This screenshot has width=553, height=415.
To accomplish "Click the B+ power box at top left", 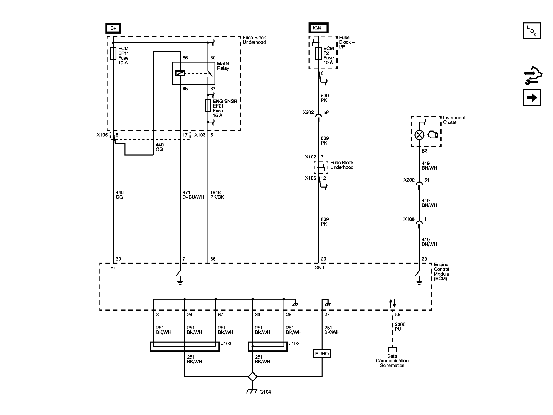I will [113, 28].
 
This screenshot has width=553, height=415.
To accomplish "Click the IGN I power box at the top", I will [318, 28].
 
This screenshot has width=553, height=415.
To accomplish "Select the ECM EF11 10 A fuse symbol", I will [113, 53].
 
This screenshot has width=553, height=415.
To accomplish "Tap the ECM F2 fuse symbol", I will [318, 53].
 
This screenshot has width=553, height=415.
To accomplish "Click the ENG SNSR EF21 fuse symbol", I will [208, 106].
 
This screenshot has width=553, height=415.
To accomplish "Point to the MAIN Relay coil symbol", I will [180, 73].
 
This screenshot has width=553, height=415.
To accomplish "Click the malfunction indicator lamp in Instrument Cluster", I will [419, 135].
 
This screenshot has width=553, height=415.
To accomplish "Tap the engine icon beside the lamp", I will [432, 135].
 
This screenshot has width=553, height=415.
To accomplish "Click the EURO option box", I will [322, 354].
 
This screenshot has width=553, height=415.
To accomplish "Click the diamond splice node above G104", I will [252, 376].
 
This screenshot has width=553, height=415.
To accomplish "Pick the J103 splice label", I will [226, 343].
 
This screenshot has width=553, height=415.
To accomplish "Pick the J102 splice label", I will [294, 343].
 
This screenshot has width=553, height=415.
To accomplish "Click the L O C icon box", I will [532, 31].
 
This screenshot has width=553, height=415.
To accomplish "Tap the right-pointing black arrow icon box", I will [532, 98].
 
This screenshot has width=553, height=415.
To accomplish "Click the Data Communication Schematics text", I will [392, 361].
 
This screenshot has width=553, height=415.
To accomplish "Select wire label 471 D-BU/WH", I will [193, 195].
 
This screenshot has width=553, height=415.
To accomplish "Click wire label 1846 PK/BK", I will [217, 195].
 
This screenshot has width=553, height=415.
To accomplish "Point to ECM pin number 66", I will [213, 259].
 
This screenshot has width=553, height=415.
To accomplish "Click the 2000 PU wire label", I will [400, 326].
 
